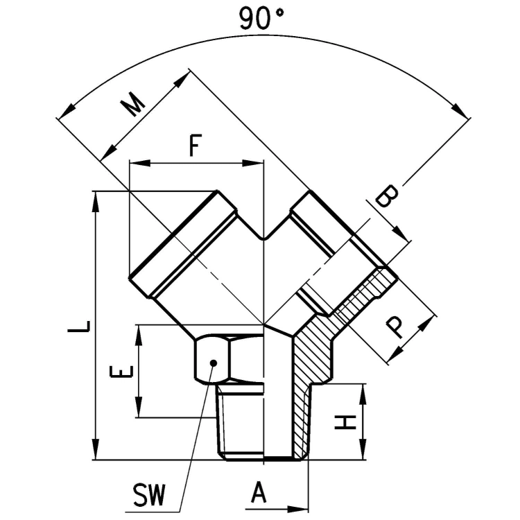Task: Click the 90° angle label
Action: (261, 19)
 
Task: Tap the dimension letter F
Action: (196, 145)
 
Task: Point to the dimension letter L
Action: (79, 327)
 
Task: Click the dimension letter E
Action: (121, 372)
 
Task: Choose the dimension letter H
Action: (345, 422)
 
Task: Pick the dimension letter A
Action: (259, 492)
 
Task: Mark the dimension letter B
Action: (386, 196)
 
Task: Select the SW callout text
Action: (148, 495)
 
